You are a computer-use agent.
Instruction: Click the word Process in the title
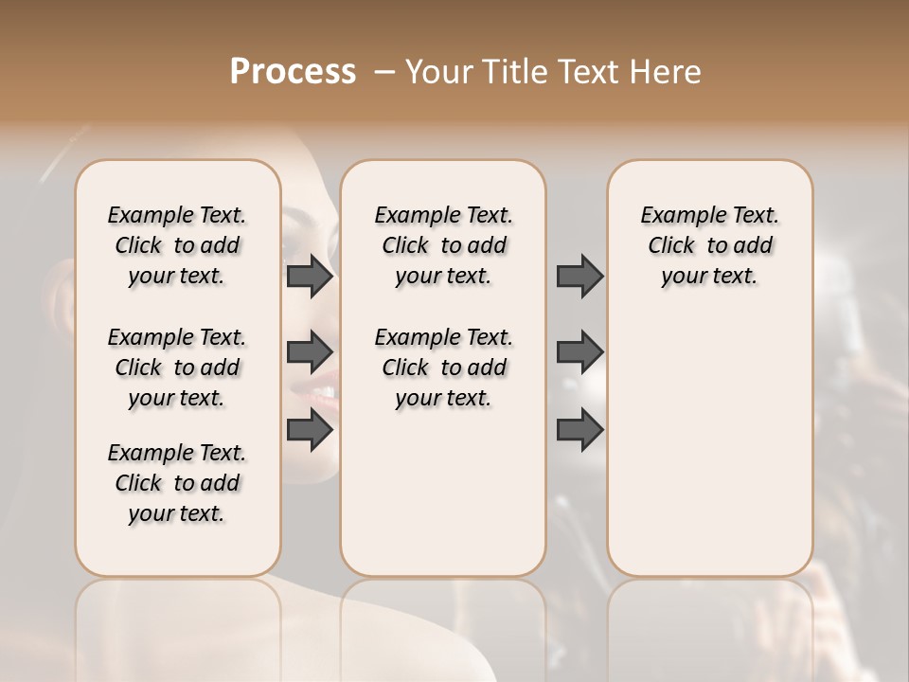click(x=293, y=72)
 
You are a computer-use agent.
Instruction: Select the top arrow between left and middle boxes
click(x=310, y=276)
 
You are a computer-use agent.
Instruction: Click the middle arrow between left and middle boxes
click(x=310, y=351)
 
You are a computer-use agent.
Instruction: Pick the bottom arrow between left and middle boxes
click(x=310, y=430)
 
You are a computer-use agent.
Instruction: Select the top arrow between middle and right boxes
click(x=579, y=276)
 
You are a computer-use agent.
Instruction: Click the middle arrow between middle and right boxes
click(x=579, y=351)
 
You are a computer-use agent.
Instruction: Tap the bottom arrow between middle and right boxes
click(x=579, y=430)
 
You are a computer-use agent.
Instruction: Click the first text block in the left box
click(x=177, y=245)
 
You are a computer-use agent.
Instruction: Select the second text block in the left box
click(x=177, y=368)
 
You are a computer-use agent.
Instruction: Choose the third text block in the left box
click(x=177, y=483)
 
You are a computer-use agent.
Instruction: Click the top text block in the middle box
click(x=443, y=245)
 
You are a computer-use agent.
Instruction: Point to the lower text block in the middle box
click(x=443, y=368)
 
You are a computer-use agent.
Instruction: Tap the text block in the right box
click(x=709, y=245)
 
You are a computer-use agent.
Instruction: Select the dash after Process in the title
click(x=384, y=72)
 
